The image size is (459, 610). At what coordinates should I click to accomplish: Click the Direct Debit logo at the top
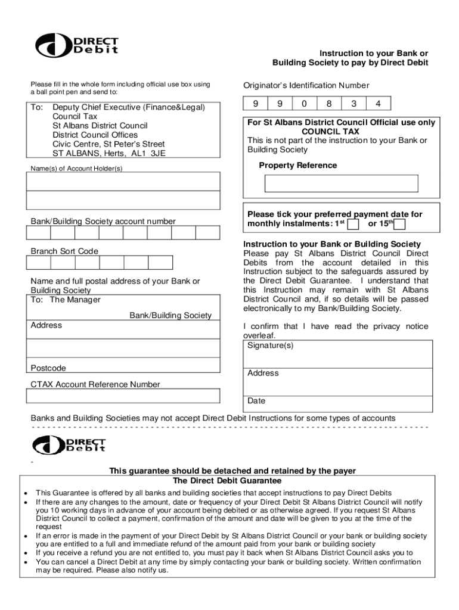coord(76,45)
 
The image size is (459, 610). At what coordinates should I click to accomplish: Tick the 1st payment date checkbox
coord(353,224)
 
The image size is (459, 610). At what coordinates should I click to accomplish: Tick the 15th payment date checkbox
coord(400,224)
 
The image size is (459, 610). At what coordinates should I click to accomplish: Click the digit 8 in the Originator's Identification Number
coord(328,104)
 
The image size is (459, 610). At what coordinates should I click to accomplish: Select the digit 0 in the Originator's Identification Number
coord(304,104)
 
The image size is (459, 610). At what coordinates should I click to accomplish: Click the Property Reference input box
coord(341,183)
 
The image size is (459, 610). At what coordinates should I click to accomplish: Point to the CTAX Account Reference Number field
coord(125,396)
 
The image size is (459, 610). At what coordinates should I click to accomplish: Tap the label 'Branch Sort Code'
coord(64,251)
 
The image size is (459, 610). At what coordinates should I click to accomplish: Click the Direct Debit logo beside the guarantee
coord(69,445)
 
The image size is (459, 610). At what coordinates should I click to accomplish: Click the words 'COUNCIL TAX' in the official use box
coord(330,131)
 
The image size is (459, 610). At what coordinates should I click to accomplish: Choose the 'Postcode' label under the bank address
coord(48,368)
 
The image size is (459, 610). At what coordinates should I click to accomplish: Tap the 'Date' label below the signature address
coord(256,401)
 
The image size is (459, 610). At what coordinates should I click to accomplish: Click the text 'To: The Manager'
coord(66,300)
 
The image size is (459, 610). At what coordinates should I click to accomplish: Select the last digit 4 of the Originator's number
coord(378,104)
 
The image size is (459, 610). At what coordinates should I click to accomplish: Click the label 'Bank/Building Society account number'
coord(103,222)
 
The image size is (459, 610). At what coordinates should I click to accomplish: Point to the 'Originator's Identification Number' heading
coord(306,85)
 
